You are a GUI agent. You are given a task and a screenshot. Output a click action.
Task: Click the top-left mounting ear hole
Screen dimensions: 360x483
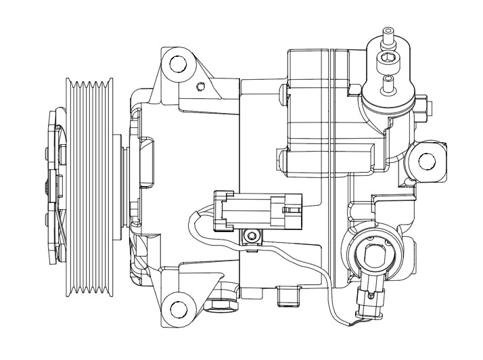[177, 64]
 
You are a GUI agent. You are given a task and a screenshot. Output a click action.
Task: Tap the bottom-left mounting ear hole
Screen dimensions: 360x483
[178, 309]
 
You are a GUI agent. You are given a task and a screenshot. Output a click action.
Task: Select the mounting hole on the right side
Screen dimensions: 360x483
[427, 161]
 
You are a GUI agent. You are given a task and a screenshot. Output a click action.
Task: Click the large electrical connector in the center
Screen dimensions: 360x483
[256, 209]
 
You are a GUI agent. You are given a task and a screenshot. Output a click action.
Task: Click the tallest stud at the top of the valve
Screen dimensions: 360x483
[388, 35]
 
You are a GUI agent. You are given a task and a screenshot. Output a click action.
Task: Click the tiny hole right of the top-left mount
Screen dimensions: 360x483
[200, 86]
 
